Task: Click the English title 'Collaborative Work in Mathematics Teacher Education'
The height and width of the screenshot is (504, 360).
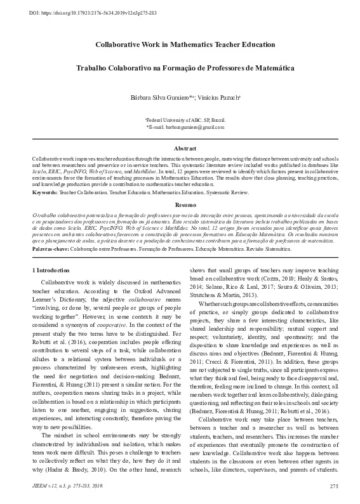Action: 180,46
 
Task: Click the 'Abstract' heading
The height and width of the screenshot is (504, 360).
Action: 180,147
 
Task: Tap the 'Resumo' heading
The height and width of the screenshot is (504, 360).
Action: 180,206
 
